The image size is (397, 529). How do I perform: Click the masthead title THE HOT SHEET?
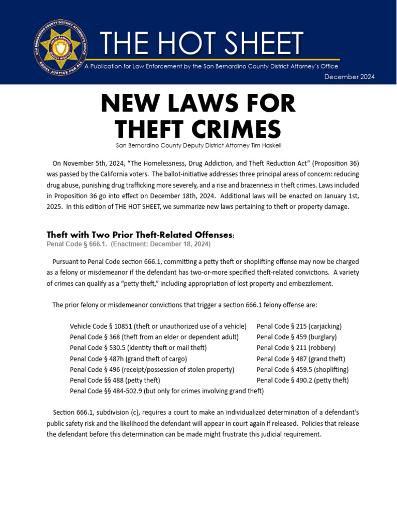[201, 43]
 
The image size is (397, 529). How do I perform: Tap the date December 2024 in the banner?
[349, 77]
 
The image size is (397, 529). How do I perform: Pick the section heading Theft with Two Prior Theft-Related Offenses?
[140, 235]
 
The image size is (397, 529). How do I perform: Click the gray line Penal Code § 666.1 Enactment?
[129, 244]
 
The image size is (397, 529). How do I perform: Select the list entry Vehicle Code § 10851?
[158, 326]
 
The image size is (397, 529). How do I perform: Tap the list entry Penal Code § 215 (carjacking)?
[299, 326]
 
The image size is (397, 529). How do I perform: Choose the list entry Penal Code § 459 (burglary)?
[297, 337]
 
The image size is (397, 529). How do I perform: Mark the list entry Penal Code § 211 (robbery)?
[296, 348]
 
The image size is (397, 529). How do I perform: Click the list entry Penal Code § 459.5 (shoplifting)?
[302, 369]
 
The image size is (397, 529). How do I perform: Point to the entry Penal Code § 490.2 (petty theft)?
[302, 380]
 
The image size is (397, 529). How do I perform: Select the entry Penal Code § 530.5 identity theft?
[138, 348]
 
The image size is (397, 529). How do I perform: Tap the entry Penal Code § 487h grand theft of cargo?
[128, 359]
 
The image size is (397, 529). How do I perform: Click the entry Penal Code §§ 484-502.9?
[166, 391]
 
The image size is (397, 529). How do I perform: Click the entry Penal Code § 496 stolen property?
[152, 369]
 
